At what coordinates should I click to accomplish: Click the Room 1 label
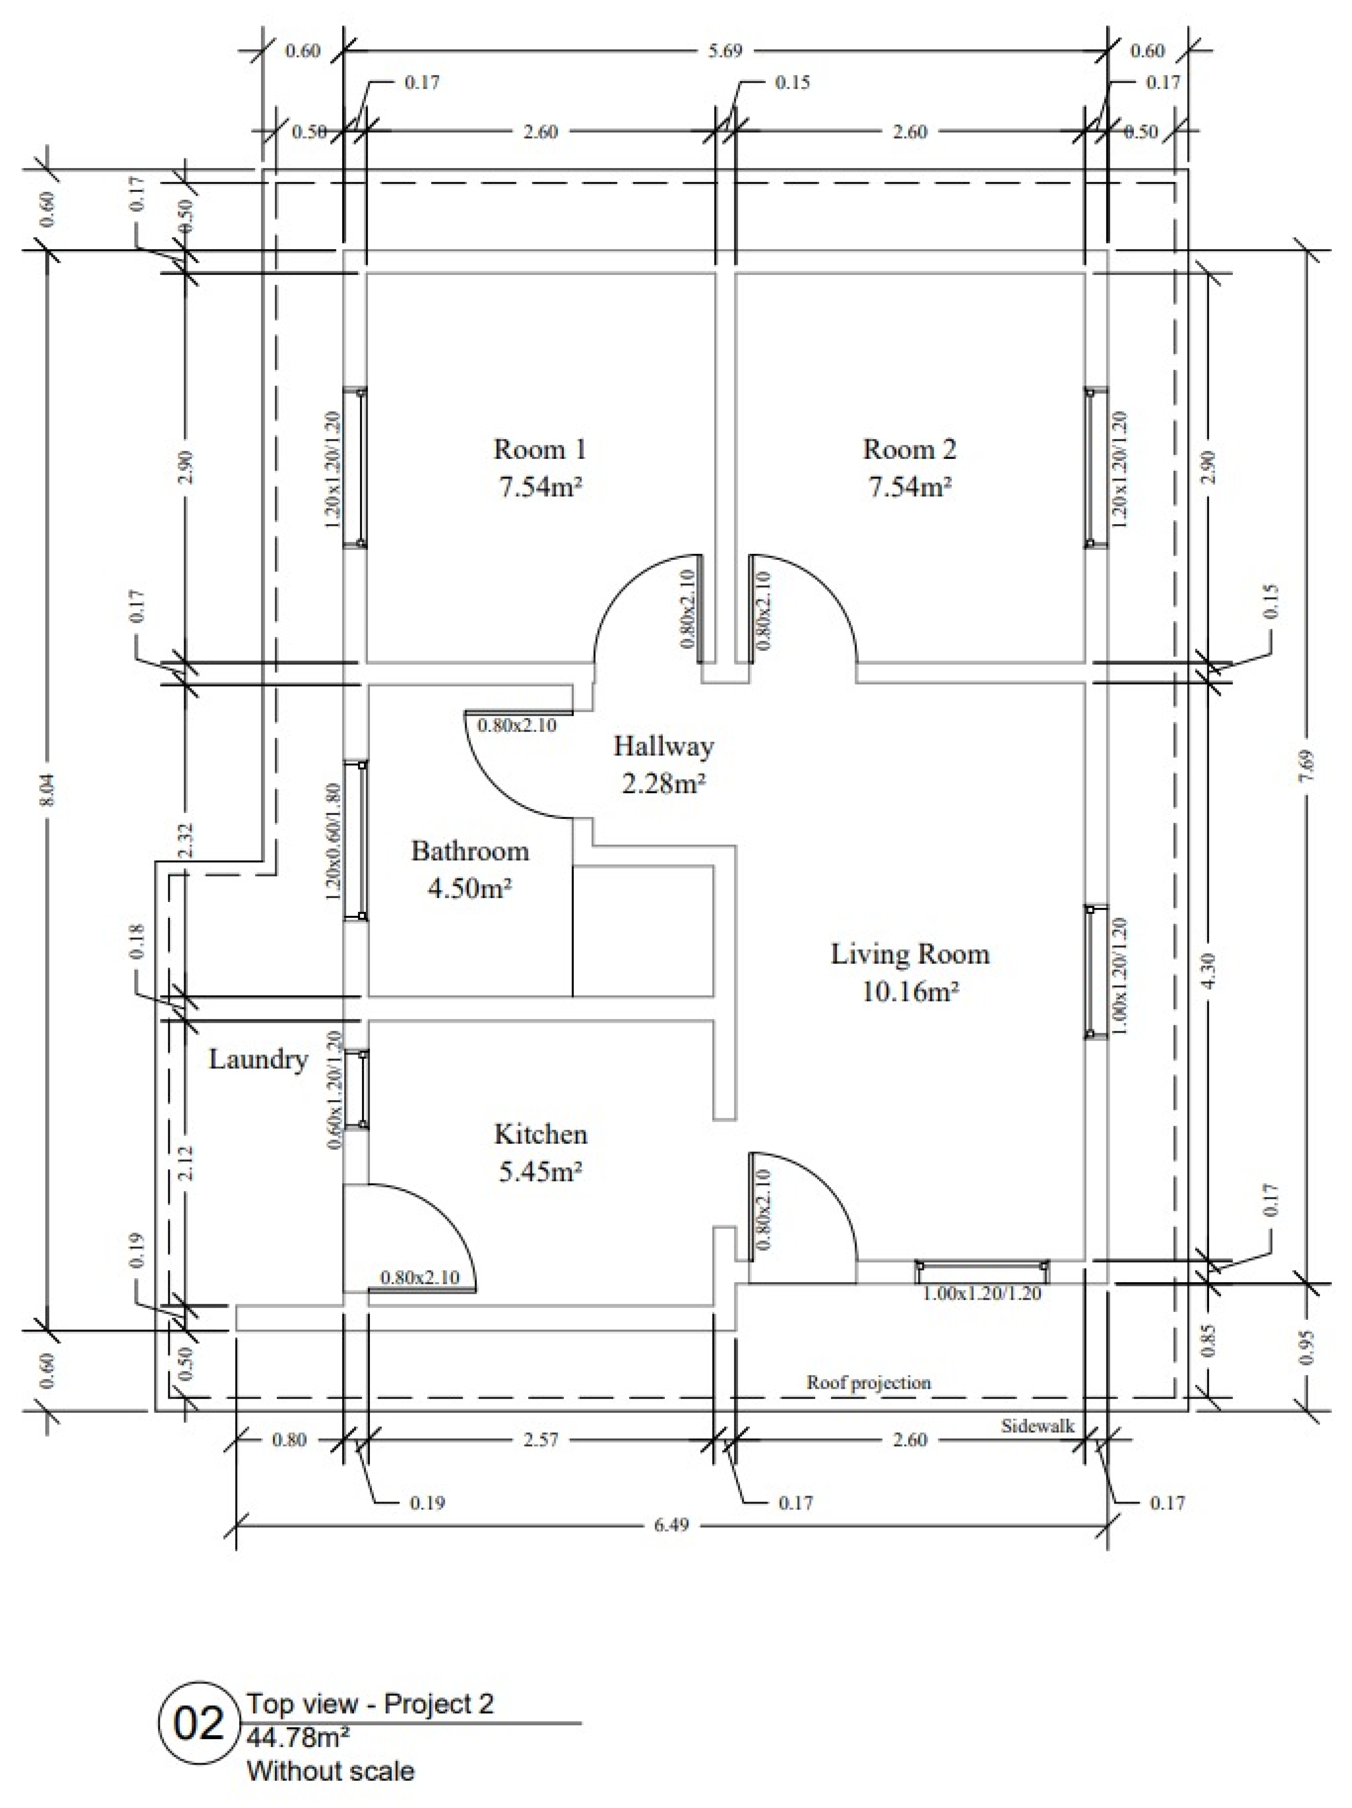(540, 449)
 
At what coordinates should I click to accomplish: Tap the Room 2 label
(909, 449)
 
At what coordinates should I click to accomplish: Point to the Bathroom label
(470, 851)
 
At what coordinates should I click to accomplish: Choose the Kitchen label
(540, 1134)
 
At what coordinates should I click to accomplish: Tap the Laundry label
(258, 1059)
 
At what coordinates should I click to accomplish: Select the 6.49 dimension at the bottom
(671, 1524)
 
